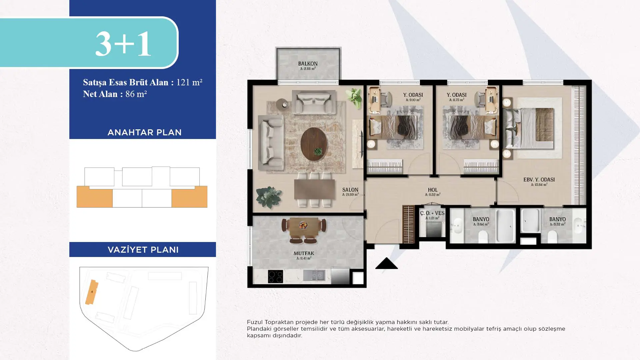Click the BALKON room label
pos(308,63)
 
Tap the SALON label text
pos(350,190)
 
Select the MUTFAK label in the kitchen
pos(304,253)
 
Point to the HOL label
pos(433,190)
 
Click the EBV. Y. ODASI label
pos(539,180)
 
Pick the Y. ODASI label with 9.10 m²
pos(413,95)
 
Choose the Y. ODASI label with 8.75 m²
pos(456,95)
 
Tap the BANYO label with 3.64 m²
pos(481,219)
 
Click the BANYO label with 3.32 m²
pos(557,219)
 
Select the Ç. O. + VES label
pos(432,213)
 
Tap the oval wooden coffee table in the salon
pos(314,144)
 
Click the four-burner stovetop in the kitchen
pos(275,276)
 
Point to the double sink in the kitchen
pos(314,275)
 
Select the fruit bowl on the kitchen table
pos(303,225)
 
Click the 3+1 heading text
pos(123,44)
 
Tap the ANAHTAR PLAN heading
pos(144,132)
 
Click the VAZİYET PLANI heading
pos(143,250)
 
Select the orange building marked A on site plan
pos(92,292)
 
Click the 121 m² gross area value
pos(189,82)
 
